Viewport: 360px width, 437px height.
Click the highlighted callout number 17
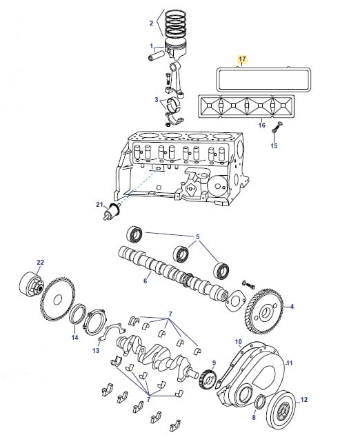[x=242, y=59]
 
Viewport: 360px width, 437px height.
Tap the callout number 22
[x=41, y=262]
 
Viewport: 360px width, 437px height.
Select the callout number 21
[x=99, y=205]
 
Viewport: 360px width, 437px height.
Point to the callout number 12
[x=304, y=399]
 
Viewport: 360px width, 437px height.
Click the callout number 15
[x=274, y=145]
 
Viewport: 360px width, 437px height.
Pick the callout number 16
[x=261, y=125]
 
